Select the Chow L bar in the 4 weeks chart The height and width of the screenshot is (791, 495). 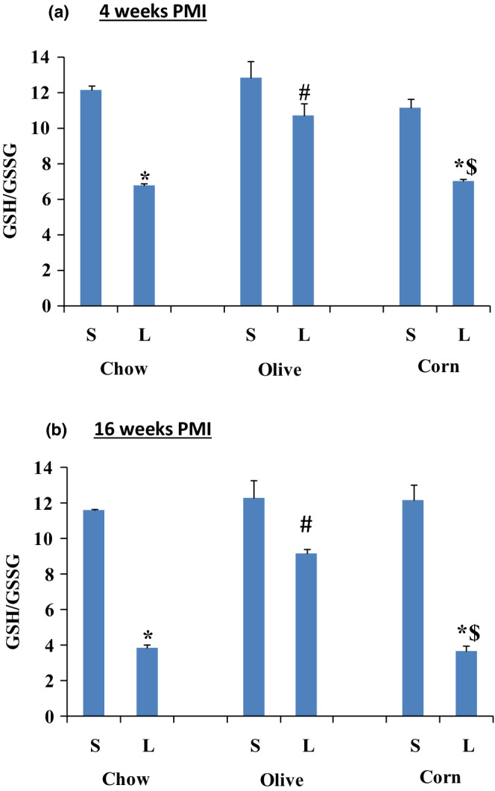[x=145, y=245]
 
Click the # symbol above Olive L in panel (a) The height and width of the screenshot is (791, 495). [x=304, y=93]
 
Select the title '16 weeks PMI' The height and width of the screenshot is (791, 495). [x=152, y=432]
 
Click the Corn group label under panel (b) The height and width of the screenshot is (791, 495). [x=439, y=777]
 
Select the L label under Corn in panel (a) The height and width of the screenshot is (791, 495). [x=464, y=336]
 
